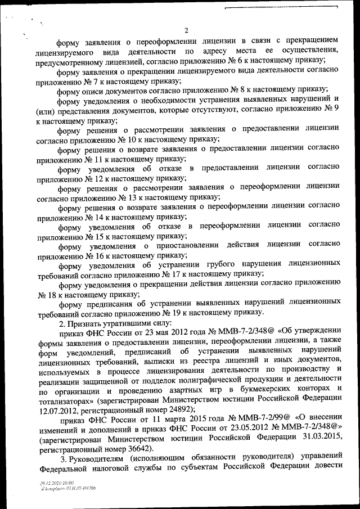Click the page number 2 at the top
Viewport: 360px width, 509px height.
coord(186,30)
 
